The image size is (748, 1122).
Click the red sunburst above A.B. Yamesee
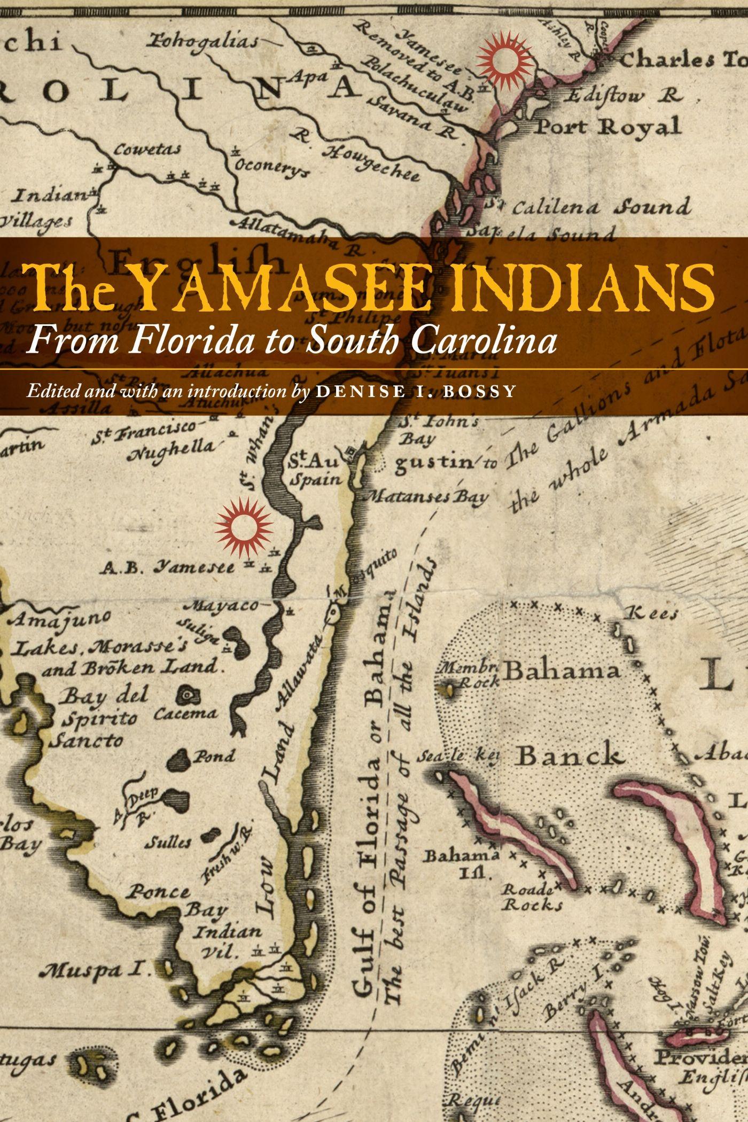(x=244, y=526)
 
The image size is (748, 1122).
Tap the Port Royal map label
(x=608, y=127)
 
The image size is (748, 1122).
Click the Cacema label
(x=185, y=713)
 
